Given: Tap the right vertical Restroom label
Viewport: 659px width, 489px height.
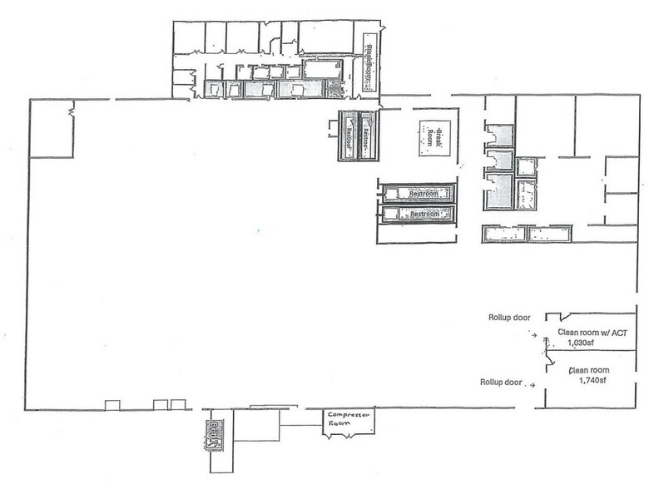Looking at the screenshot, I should click(364, 133).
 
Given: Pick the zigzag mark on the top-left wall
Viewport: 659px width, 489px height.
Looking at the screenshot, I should click(74, 108).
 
